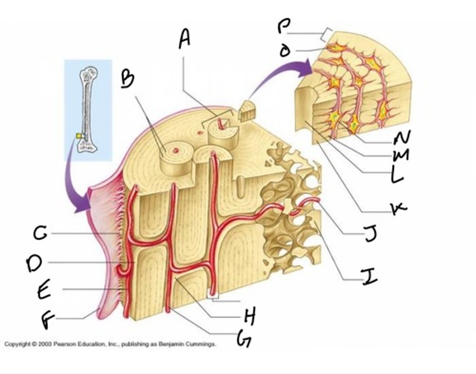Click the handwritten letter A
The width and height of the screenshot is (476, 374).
click(x=185, y=39)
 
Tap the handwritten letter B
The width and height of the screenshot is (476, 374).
click(x=127, y=80)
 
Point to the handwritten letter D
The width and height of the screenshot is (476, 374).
click(x=34, y=264)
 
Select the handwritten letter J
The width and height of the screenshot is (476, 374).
click(x=370, y=234)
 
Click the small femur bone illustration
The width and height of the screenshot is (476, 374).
click(x=88, y=109)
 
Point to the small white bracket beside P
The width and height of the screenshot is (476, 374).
click(x=327, y=34)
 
